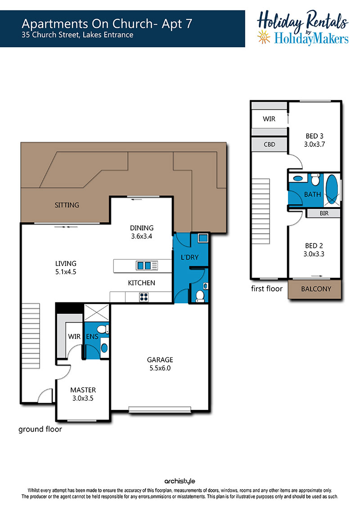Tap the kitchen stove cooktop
144,297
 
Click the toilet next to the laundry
200,297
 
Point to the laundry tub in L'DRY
203,238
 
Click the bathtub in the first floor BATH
332,189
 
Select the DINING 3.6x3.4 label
142,232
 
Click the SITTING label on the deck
67,205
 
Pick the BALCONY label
316,289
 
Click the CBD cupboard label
270,144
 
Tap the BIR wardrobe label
324,213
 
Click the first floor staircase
261,211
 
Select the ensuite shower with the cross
97,312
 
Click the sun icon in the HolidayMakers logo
264,37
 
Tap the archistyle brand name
180,481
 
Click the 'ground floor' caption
40,429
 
